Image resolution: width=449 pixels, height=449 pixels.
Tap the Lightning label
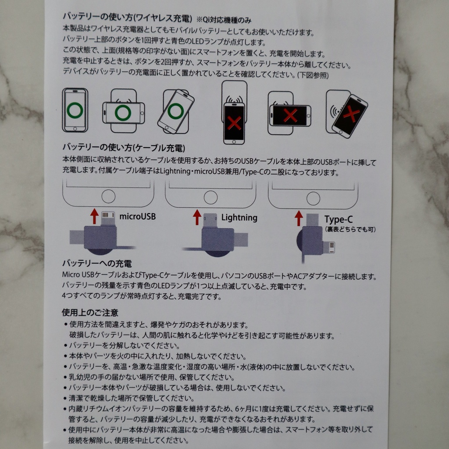239,217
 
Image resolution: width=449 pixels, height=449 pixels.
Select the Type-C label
339,220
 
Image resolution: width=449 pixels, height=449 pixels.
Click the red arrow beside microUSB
94,216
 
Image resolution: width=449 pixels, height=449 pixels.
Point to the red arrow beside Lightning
197,217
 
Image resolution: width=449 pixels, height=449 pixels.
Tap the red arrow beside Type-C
299,218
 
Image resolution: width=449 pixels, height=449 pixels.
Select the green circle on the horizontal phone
123,113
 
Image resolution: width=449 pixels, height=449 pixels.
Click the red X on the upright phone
234,123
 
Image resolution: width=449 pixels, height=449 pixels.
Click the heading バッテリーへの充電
97,264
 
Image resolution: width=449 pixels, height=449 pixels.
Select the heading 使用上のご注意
90,313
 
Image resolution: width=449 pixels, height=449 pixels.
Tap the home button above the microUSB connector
108,197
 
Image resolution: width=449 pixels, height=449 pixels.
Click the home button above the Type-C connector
313,198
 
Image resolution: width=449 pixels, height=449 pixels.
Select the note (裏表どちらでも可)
350,229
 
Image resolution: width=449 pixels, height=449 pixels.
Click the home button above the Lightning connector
210,197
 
